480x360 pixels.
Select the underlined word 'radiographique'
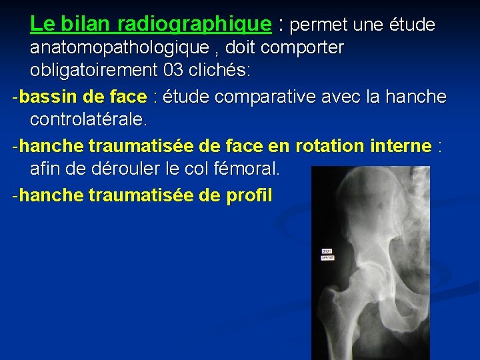(195, 25)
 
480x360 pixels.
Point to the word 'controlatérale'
(88, 121)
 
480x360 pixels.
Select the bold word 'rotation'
(326, 146)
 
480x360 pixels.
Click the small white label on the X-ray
(327, 254)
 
